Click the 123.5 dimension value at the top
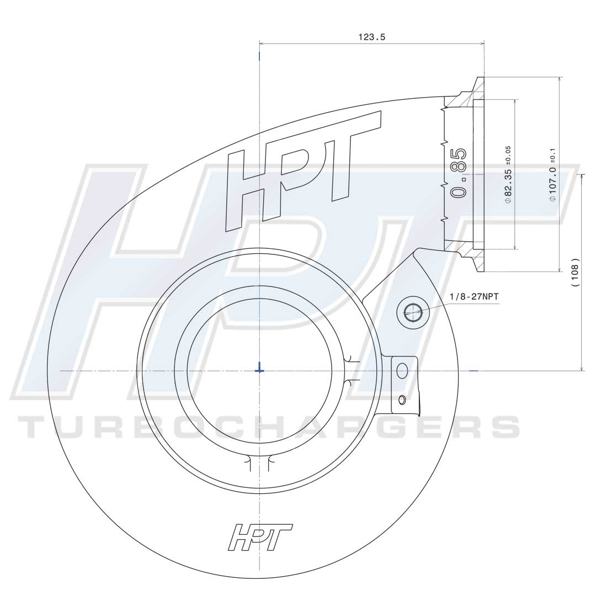[x=371, y=37]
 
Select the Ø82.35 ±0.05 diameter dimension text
[x=508, y=175]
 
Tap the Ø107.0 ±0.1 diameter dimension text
[x=553, y=175]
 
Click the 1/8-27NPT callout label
[x=473, y=296]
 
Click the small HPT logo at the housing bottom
[x=260, y=537]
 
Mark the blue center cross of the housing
[x=259, y=370]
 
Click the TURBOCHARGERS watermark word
[x=269, y=427]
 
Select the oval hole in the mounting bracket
[x=402, y=371]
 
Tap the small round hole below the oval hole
[x=402, y=399]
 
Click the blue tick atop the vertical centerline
[x=259, y=56]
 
